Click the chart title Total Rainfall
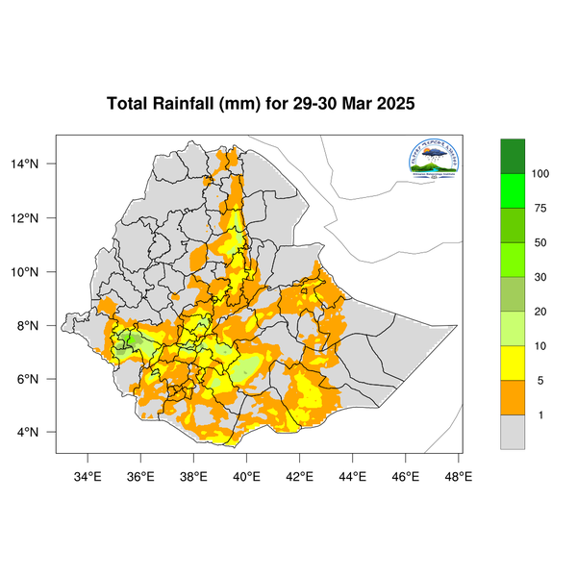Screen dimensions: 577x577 pyautogui.click(x=261, y=104)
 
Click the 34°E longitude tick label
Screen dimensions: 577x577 pyautogui.click(x=88, y=474)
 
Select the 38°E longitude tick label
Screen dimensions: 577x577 pyautogui.click(x=193, y=474)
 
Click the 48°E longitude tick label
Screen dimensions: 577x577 pyautogui.click(x=458, y=474)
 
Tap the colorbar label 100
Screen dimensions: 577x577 pyautogui.click(x=540, y=174)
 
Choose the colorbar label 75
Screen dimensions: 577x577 pyautogui.click(x=540, y=209)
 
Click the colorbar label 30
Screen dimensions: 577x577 pyautogui.click(x=540, y=277)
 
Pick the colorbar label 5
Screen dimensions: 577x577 pyautogui.click(x=540, y=381)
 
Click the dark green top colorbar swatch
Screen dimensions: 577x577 pyautogui.click(x=513, y=156)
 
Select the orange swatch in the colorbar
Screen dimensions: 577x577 pyautogui.click(x=513, y=397)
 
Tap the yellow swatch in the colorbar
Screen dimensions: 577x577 pyautogui.click(x=513, y=364)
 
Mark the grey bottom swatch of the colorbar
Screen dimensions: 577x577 pyautogui.click(x=513, y=432)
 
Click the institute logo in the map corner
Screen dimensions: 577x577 pyautogui.click(x=434, y=161)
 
